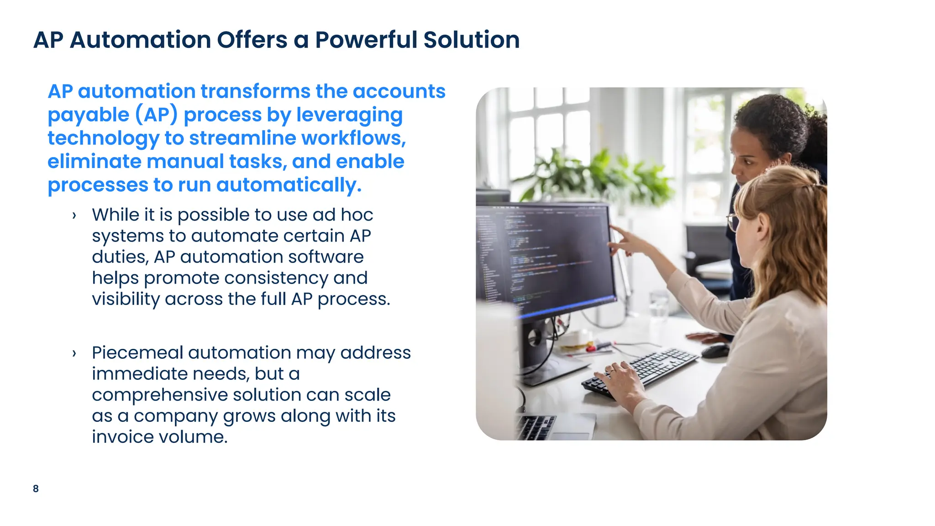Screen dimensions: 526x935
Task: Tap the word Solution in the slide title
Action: click(x=472, y=40)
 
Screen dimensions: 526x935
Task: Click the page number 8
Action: click(x=36, y=489)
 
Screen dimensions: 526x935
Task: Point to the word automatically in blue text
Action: click(x=289, y=185)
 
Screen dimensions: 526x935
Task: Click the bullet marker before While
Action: click(x=74, y=216)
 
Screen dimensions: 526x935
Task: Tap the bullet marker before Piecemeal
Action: click(x=74, y=353)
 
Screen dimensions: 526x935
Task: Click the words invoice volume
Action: click(x=159, y=437)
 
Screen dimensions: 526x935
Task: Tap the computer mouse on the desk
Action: click(x=715, y=351)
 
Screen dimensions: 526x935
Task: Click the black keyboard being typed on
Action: click(x=639, y=371)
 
